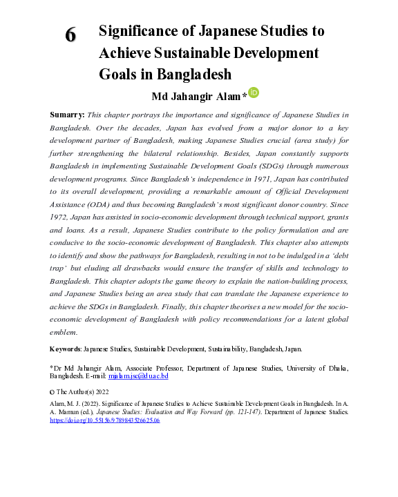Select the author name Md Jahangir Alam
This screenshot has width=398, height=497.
pyautogui.click(x=198, y=95)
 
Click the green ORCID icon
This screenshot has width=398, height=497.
pyautogui.click(x=254, y=92)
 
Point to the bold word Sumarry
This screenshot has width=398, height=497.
pyautogui.click(x=68, y=114)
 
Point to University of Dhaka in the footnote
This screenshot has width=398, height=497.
pyautogui.click(x=328, y=368)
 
